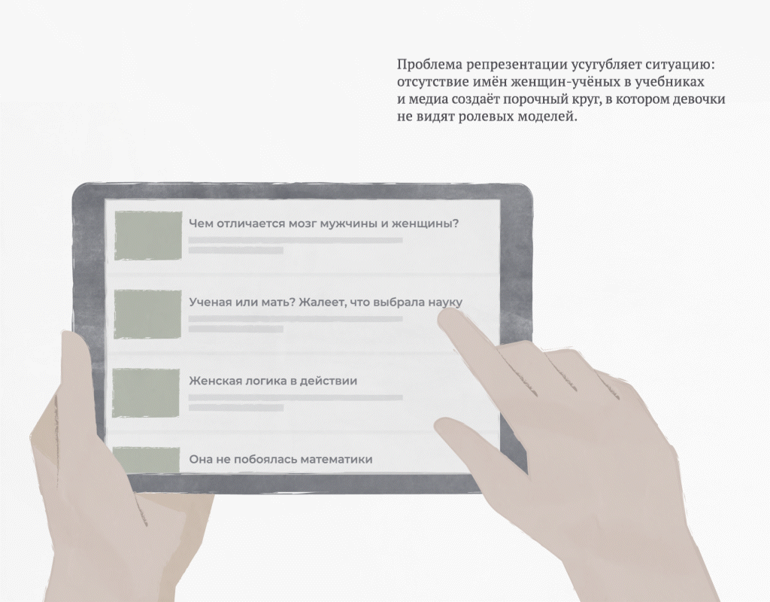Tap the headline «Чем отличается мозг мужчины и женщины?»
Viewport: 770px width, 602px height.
click(323, 224)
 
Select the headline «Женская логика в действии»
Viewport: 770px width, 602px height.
click(273, 381)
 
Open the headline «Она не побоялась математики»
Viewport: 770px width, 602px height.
click(281, 460)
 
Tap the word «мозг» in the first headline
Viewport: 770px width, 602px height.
click(302, 224)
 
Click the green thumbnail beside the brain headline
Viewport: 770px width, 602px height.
click(148, 236)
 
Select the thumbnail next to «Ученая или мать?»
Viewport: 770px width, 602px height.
click(147, 314)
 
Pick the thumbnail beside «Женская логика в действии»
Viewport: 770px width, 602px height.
click(146, 393)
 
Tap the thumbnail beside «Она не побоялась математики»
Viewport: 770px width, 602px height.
click(146, 460)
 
